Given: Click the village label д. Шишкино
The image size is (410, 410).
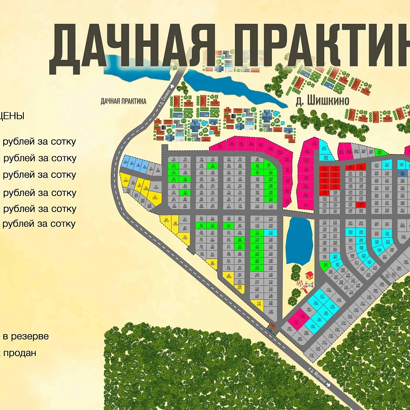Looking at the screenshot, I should pyautogui.click(x=322, y=100).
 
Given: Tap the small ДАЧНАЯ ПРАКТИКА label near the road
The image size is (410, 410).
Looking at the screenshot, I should pyautogui.click(x=123, y=101).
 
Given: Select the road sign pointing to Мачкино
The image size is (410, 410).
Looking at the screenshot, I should pyautogui.click(x=318, y=376).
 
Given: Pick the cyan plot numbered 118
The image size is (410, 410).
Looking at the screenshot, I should pyautogui.click(x=271, y=232).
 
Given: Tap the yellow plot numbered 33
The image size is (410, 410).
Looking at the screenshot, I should pyautogui.click(x=185, y=237).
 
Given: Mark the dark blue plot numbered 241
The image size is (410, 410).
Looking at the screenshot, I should pyautogui.click(x=403, y=173).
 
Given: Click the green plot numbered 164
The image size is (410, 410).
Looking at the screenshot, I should pyautogui.click(x=325, y=264).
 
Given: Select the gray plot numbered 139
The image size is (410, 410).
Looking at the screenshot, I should pyautogui.click(x=271, y=312).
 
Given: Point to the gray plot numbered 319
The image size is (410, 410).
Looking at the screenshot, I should pyautogui.click(x=312, y=356).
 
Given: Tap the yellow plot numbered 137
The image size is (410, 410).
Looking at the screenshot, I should pyautogui.click(x=259, y=303).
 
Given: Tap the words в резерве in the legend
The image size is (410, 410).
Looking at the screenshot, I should pyautogui.click(x=26, y=337).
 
